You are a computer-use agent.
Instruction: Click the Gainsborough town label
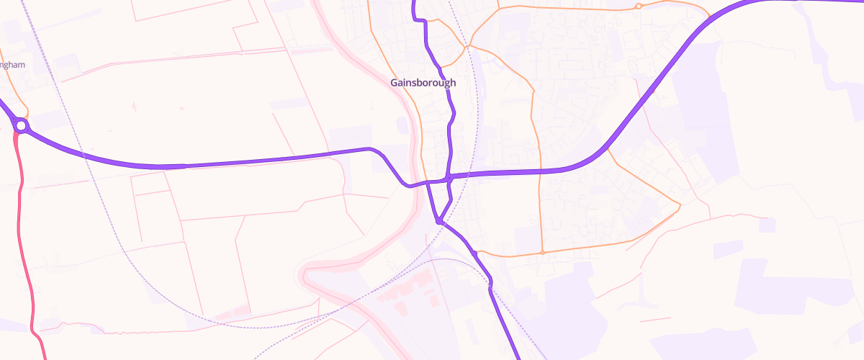(423, 83)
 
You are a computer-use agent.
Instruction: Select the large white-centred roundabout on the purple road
(21, 127)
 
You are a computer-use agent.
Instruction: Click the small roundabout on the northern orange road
(638, 7)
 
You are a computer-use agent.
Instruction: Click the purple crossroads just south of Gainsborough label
(449, 176)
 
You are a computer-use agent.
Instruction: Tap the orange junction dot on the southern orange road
(541, 253)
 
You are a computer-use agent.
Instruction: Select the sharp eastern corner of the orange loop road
(680, 207)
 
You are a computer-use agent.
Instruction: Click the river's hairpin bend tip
(302, 275)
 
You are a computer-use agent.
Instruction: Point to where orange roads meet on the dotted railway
(467, 45)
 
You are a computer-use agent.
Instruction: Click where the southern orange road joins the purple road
(474, 253)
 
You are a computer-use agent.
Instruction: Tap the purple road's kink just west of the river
(372, 149)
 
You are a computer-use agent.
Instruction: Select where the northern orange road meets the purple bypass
(709, 17)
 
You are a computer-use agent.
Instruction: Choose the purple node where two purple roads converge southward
(438, 221)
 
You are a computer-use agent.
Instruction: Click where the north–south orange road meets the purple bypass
(539, 171)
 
